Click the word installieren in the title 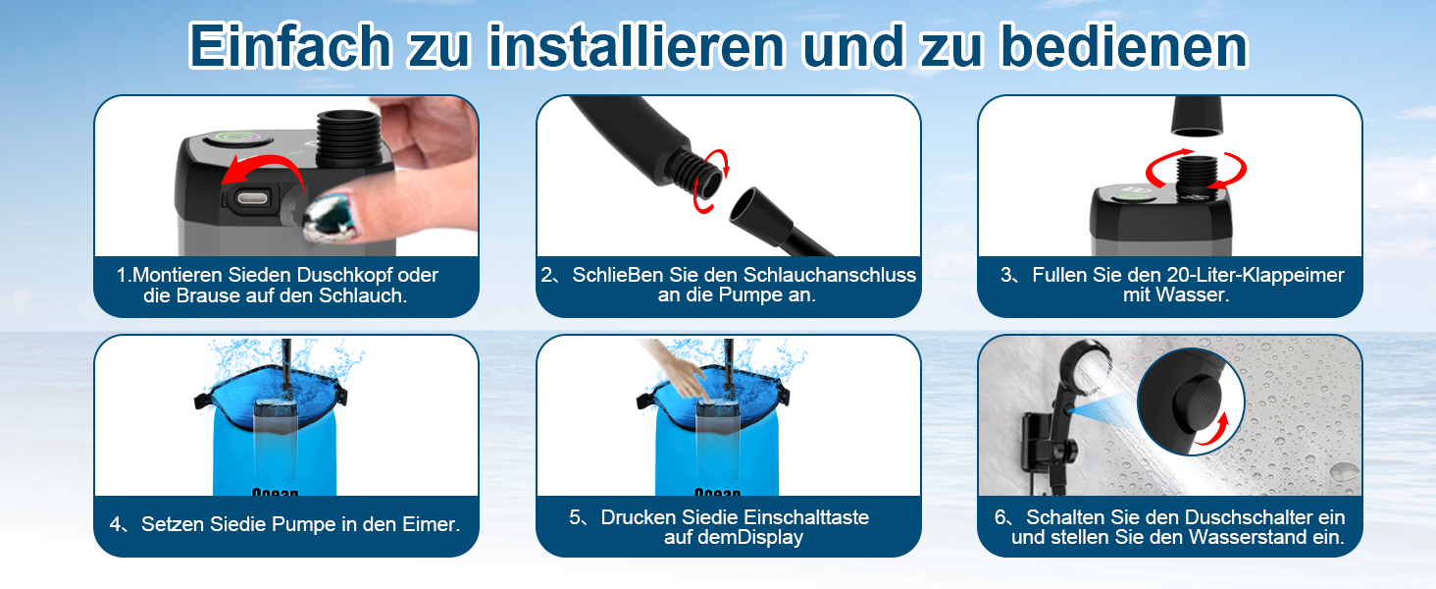636,45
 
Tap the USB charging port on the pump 252,198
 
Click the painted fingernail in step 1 329,218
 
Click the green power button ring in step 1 236,139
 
